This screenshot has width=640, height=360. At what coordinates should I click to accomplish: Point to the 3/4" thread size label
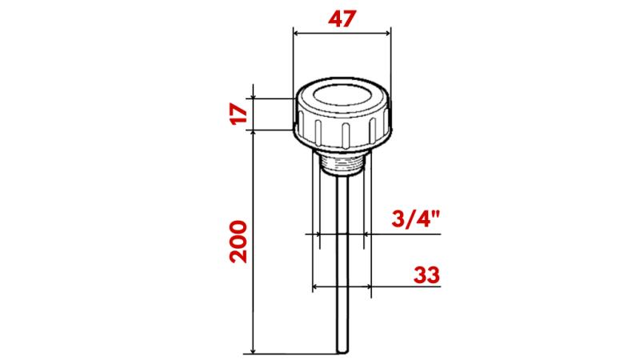(x=418, y=220)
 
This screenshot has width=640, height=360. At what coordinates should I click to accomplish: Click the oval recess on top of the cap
(x=342, y=98)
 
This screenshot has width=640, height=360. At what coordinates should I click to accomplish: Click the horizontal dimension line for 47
(x=342, y=34)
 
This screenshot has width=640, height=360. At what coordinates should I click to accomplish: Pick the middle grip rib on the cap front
(x=345, y=134)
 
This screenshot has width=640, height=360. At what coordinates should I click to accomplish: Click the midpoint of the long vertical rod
(x=343, y=264)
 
